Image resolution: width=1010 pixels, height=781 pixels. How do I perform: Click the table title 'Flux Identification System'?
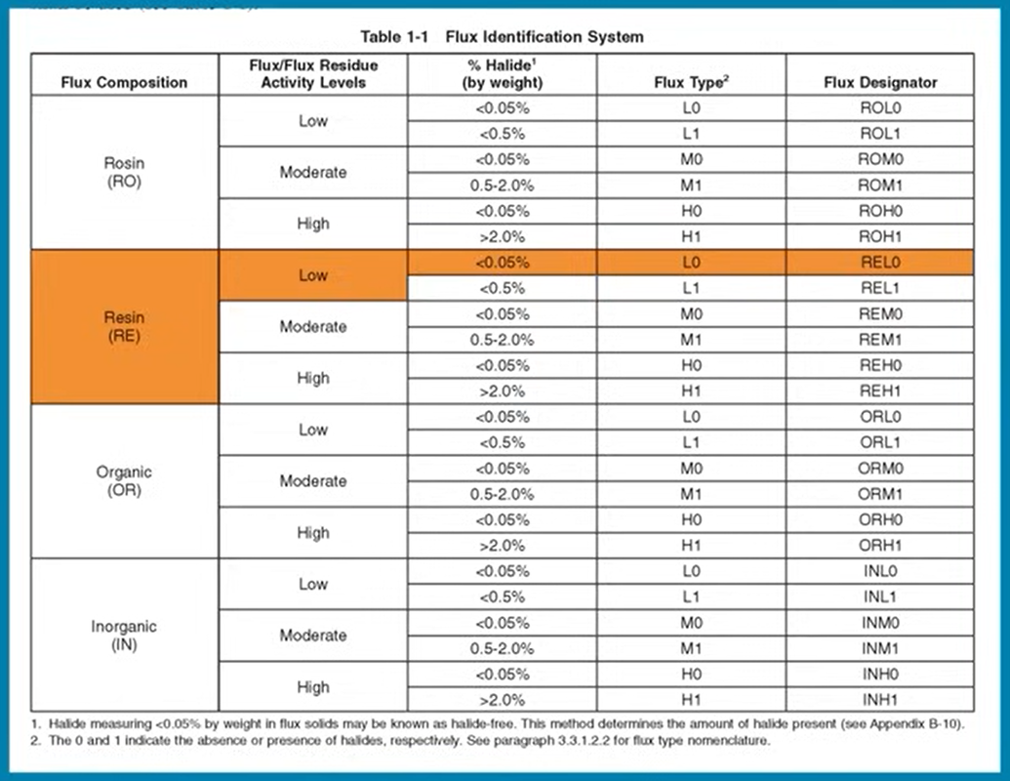(545, 37)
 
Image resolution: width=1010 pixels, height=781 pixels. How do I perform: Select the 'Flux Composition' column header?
(124, 82)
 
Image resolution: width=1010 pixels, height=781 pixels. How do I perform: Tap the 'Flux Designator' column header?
(880, 82)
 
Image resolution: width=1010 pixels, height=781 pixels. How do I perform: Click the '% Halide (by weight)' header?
(503, 73)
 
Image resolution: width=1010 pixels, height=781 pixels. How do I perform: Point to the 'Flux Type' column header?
(691, 82)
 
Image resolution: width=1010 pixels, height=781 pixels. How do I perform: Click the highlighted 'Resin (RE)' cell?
(124, 327)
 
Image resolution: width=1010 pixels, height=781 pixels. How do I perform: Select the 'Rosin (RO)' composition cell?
(124, 172)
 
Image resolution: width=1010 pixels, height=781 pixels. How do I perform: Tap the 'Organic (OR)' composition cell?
(124, 480)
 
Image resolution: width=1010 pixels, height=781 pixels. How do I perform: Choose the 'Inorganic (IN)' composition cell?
(124, 636)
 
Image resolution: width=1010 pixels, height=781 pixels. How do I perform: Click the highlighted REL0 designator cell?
(880, 263)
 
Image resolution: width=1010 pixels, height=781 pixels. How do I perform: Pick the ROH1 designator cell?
(880, 236)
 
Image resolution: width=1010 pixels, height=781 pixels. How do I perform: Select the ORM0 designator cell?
(880, 469)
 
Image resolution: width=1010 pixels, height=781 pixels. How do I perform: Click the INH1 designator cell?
(880, 700)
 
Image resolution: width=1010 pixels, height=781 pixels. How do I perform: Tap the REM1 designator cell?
(880, 340)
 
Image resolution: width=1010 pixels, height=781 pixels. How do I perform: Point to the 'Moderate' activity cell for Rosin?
(313, 172)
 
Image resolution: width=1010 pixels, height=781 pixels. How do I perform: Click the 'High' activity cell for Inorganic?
(313, 687)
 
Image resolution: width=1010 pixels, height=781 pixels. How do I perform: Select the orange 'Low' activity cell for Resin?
(313, 275)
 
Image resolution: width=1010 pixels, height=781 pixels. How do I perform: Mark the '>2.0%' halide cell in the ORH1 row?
(503, 546)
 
